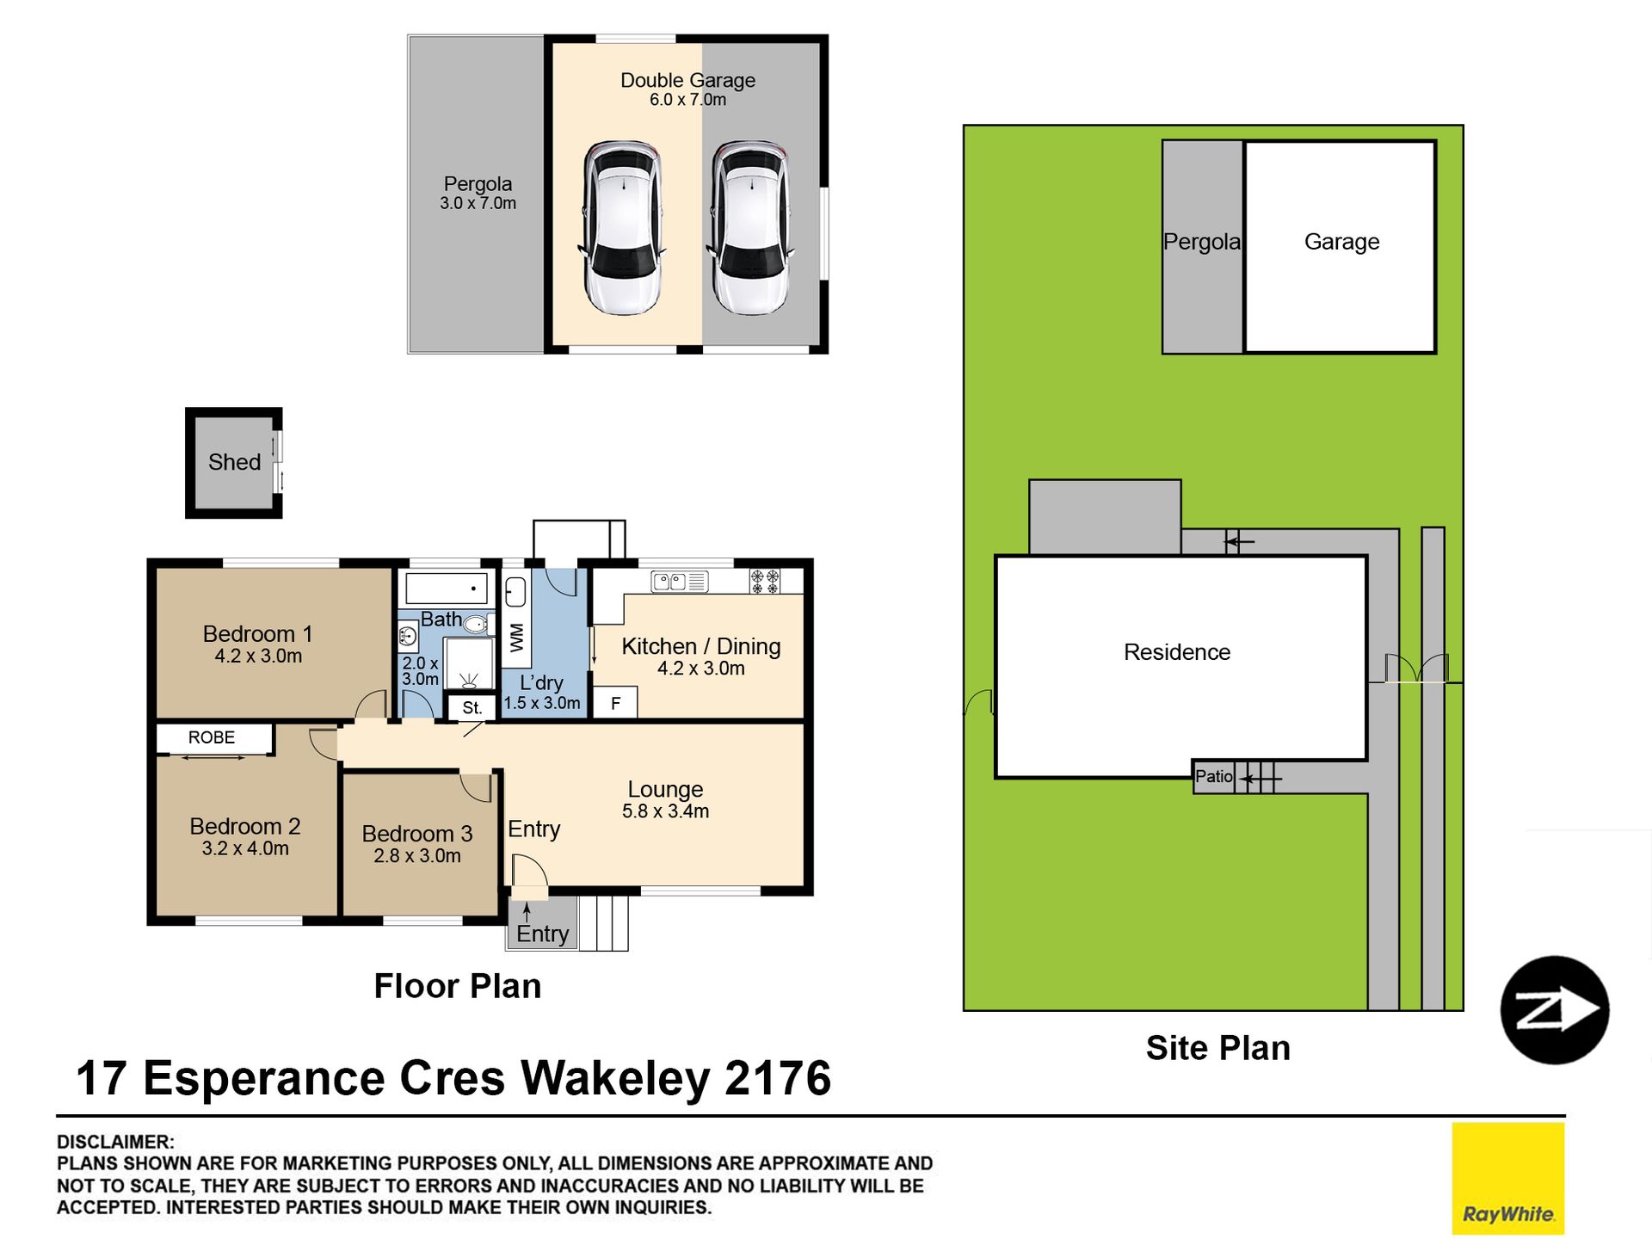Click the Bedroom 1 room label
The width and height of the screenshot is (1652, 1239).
pyautogui.click(x=257, y=634)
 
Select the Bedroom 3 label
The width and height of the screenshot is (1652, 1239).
pyautogui.click(x=417, y=834)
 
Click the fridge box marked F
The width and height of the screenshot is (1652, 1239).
pyautogui.click(x=615, y=703)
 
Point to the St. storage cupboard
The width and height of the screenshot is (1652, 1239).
pyautogui.click(x=472, y=708)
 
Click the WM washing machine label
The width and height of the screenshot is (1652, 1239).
pyautogui.click(x=516, y=638)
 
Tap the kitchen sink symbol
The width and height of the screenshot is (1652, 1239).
pyautogui.click(x=679, y=583)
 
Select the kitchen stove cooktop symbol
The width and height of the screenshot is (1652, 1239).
pyautogui.click(x=765, y=582)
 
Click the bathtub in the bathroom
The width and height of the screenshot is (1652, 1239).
pyautogui.click(x=447, y=589)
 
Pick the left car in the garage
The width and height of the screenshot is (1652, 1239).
pyautogui.click(x=623, y=227)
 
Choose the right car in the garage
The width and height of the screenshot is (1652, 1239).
pyautogui.click(x=751, y=227)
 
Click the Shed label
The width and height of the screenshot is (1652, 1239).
pyautogui.click(x=234, y=462)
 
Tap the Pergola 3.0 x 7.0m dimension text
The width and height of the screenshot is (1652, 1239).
pyautogui.click(x=478, y=204)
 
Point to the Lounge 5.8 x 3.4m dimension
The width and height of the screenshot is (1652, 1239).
pyautogui.click(x=665, y=811)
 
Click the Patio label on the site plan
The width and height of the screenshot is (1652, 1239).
pyautogui.click(x=1214, y=776)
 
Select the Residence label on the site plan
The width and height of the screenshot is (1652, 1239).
pyautogui.click(x=1177, y=652)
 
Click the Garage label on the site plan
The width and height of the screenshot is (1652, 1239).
pyautogui.click(x=1341, y=242)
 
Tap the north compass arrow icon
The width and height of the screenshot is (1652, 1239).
pyautogui.click(x=1555, y=1010)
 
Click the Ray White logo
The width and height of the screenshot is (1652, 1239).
pyautogui.click(x=1508, y=1179)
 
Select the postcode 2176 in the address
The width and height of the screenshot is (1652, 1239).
pyautogui.click(x=779, y=1078)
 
